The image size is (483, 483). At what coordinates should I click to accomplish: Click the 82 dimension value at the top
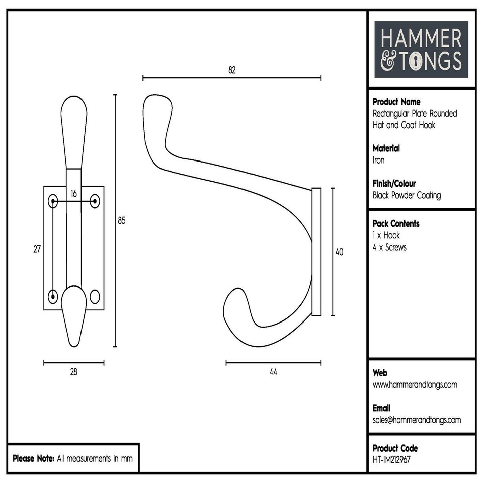tap(232, 70)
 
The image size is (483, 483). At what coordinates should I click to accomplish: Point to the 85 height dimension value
tap(122, 220)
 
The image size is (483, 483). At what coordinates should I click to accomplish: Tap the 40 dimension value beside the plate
tap(339, 252)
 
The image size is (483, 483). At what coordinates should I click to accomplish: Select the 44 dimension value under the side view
tap(274, 372)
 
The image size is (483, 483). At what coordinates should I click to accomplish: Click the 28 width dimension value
tap(74, 372)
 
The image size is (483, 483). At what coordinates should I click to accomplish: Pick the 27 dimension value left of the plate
tap(37, 249)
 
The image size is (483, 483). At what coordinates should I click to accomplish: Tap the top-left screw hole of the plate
tap(53, 202)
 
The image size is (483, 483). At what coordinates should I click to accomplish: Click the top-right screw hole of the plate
tap(95, 202)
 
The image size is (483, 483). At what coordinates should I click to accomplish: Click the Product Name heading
tap(396, 102)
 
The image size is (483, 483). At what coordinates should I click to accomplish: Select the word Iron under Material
tap(378, 160)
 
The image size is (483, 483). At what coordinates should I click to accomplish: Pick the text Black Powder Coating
tap(407, 196)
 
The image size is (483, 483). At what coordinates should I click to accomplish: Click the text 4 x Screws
tap(389, 247)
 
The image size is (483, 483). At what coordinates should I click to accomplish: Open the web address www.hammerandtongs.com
tap(415, 385)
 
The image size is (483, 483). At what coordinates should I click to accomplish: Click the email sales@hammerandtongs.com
tap(417, 420)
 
